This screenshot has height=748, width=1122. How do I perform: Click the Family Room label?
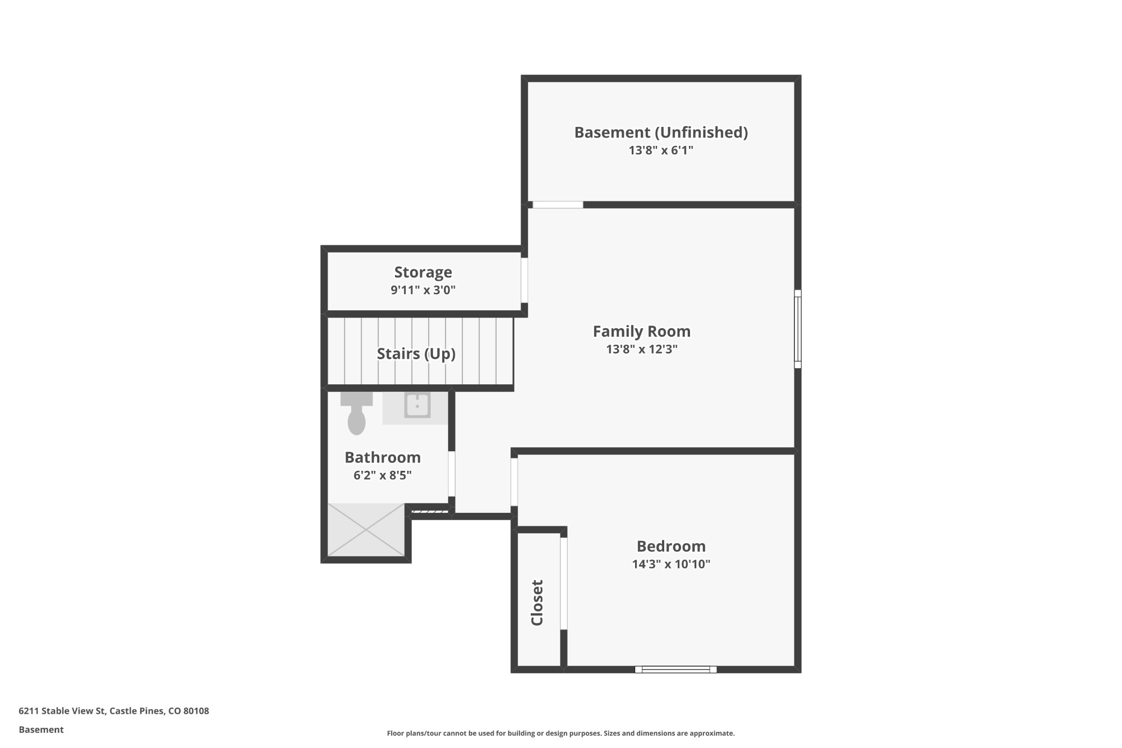click(641, 332)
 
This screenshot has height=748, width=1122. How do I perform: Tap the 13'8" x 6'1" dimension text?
click(661, 150)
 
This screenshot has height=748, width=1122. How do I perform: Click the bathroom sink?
click(417, 406)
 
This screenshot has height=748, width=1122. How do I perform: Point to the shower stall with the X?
click(366, 530)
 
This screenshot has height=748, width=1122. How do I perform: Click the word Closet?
click(537, 603)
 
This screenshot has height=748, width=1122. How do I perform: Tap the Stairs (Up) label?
click(416, 354)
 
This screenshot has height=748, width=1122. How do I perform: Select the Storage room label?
click(423, 272)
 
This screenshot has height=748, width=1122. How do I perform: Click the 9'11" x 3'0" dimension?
click(423, 290)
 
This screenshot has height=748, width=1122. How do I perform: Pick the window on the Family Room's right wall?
click(797, 329)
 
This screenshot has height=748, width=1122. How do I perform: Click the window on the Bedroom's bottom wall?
click(675, 669)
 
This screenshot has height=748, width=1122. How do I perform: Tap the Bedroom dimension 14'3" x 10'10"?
click(671, 564)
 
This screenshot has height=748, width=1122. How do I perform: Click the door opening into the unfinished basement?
click(558, 205)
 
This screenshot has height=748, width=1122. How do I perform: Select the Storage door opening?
click(525, 280)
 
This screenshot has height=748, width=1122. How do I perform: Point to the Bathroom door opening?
click(452, 474)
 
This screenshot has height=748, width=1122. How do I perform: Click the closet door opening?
click(564, 584)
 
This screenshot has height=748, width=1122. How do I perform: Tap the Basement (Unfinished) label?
click(661, 132)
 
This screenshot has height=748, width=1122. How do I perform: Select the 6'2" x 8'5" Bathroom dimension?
click(382, 475)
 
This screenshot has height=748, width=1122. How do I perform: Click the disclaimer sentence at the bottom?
click(560, 733)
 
